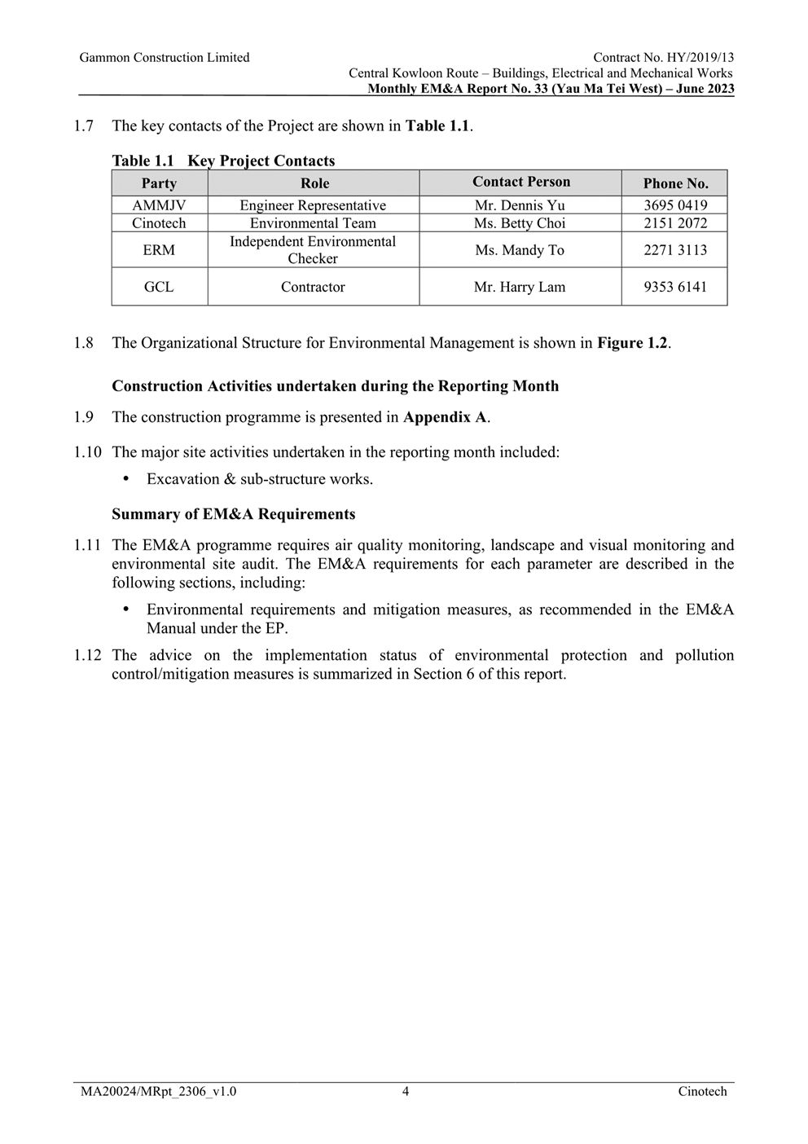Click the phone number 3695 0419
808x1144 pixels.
tap(674, 205)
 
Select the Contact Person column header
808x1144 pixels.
tap(520, 182)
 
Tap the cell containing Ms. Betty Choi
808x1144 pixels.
tap(520, 223)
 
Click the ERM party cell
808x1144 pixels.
tap(159, 250)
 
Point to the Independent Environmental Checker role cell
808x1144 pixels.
tap(313, 250)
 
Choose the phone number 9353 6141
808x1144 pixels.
tap(674, 287)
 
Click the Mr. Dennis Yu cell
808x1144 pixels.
tap(520, 205)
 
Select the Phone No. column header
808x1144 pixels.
tap(674, 183)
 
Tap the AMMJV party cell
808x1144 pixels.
tap(159, 205)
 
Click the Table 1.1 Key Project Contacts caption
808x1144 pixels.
tap(223, 161)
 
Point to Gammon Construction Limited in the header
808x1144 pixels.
tap(165, 58)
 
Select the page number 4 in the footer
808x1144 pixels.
tap(406, 1092)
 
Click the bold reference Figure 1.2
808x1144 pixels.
tap(632, 343)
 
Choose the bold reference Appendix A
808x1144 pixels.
tap(445, 417)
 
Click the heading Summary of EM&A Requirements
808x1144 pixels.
tap(233, 514)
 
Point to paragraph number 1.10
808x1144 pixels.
tap(87, 452)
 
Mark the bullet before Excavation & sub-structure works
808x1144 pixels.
tap(126, 479)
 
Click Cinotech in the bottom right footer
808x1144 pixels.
tap(702, 1092)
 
